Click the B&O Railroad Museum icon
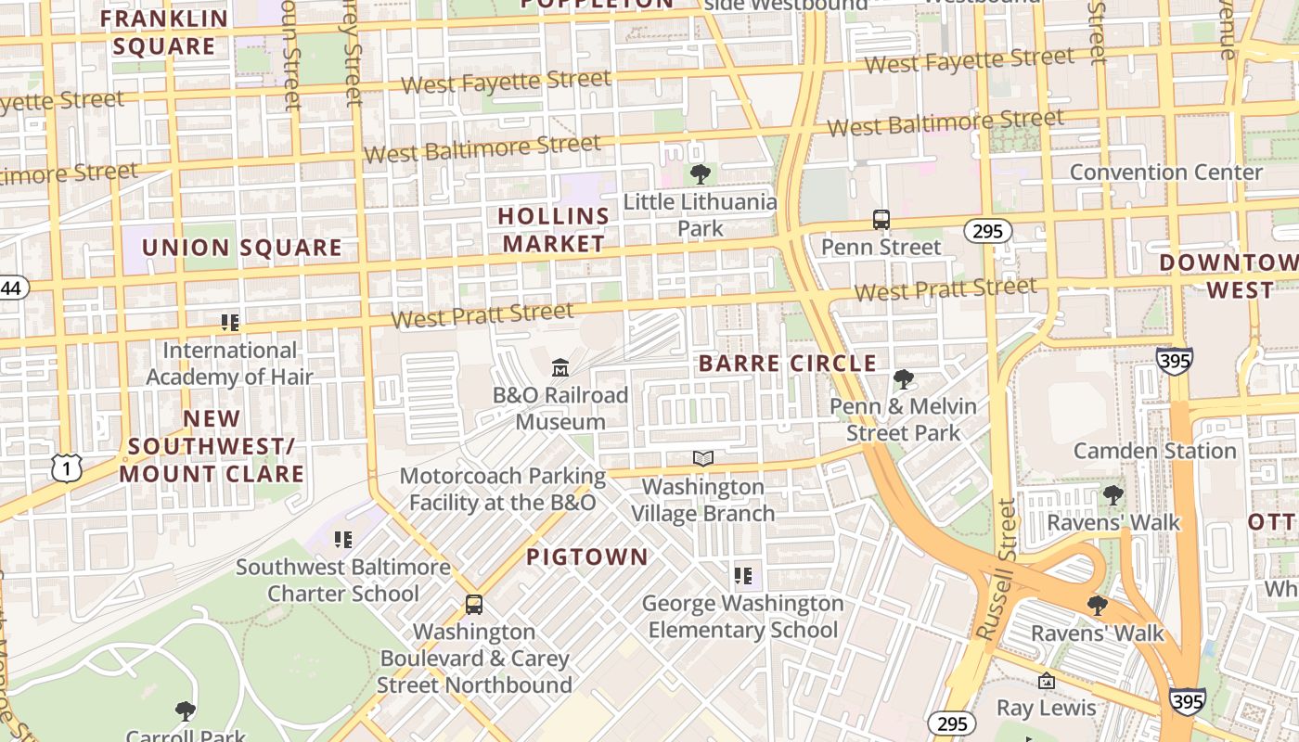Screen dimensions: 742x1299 pyautogui.click(x=560, y=369)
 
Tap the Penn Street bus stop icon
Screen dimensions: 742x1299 pyautogui.click(x=881, y=220)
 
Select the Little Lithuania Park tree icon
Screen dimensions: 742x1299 pyautogui.click(x=701, y=173)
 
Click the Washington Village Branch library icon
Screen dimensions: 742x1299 pyautogui.click(x=703, y=459)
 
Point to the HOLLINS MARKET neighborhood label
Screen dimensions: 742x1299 pyautogui.click(x=554, y=230)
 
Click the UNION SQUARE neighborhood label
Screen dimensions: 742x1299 pyautogui.click(x=241, y=248)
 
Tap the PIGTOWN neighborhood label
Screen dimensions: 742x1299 pyautogui.click(x=586, y=556)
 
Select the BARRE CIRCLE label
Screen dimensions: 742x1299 pyautogui.click(x=787, y=364)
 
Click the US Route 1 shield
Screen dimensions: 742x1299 pyautogui.click(x=67, y=468)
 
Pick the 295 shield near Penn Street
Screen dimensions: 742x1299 pyautogui.click(x=987, y=231)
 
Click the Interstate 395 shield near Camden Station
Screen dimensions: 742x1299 pyautogui.click(x=1174, y=360)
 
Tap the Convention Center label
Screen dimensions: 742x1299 pyautogui.click(x=1165, y=173)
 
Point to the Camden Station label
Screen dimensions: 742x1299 pyautogui.click(x=1154, y=451)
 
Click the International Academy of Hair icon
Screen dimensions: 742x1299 pyautogui.click(x=230, y=323)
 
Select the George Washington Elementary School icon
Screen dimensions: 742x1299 pyautogui.click(x=742, y=576)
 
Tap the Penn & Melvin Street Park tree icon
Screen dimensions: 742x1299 pyautogui.click(x=903, y=378)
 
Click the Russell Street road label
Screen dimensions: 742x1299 pyautogui.click(x=997, y=569)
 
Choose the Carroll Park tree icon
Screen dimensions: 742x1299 pyautogui.click(x=186, y=711)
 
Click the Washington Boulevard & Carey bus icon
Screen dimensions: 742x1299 pyautogui.click(x=474, y=605)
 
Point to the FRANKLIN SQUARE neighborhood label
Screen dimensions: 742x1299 pyautogui.click(x=164, y=32)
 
